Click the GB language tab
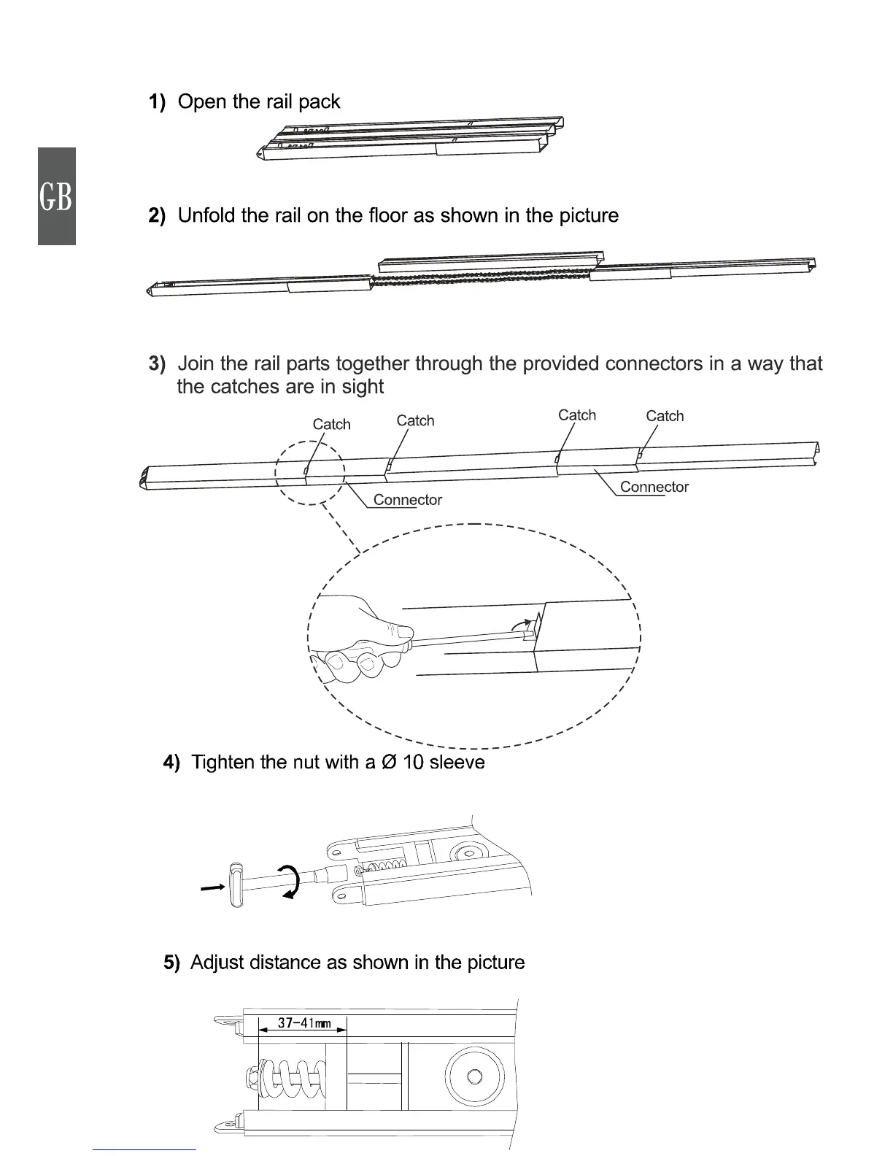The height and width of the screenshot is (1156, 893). coord(56,196)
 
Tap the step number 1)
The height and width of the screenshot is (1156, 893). coord(158,101)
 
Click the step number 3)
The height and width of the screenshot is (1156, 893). coord(158,363)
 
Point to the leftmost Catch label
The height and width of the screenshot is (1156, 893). coord(331,424)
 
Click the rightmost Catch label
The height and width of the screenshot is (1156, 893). coord(665,416)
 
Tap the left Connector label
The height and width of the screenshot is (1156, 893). coord(407,500)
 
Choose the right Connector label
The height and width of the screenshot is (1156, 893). coord(654,487)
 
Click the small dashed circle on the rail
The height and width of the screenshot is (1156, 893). coord(309,473)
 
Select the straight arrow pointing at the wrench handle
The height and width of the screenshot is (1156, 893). coord(212,887)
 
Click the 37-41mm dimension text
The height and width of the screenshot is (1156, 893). coord(304,1023)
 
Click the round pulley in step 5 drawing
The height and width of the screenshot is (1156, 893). coord(474,1076)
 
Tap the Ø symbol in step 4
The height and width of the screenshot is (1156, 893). coord(390,763)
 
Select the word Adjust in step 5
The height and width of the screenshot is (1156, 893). coord(217,963)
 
